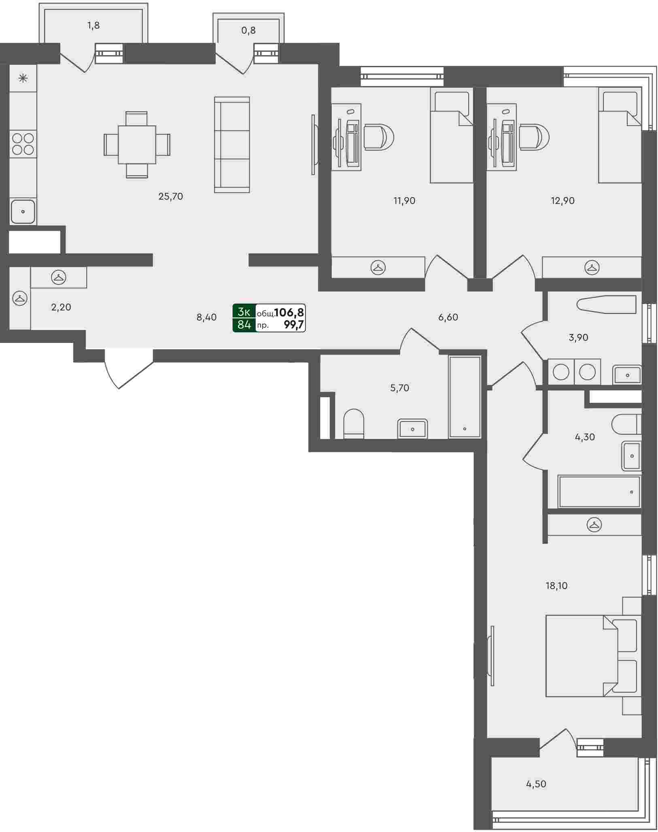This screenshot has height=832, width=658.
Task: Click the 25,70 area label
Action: point(170,197)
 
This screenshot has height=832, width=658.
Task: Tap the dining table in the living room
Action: point(137,145)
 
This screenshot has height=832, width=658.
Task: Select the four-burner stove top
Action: point(23,144)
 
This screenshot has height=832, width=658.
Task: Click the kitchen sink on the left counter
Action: point(23,211)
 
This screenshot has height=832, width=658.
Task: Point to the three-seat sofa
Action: point(232,145)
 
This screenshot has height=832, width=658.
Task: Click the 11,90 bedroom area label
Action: point(404,201)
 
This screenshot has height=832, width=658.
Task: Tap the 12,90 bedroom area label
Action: point(562,201)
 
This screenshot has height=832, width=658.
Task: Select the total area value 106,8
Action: point(289,312)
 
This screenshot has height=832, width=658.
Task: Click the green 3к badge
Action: point(244,312)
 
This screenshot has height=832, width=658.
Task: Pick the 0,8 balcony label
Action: point(248,30)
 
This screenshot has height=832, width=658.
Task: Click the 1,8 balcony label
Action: point(93,26)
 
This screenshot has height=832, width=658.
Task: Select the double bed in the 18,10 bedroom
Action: point(593,656)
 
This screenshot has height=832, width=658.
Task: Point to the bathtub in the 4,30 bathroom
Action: point(599,492)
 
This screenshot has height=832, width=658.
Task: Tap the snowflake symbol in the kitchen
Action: point(23,78)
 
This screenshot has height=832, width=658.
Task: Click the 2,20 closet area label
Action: point(61,307)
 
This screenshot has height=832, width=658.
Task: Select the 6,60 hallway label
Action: point(448,317)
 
